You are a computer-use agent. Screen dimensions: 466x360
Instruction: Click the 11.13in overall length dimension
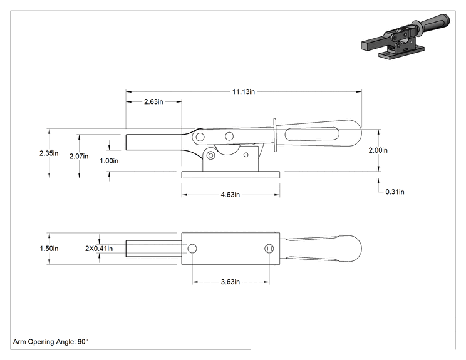[x=244, y=91]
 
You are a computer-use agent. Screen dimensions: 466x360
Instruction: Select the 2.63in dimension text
[x=153, y=101]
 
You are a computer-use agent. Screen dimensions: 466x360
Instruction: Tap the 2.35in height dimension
[x=49, y=153]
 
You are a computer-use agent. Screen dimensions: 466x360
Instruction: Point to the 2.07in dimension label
[x=79, y=157]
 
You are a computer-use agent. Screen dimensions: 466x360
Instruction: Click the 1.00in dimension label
[x=109, y=161]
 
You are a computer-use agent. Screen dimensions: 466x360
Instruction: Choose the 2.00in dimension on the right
[x=378, y=150]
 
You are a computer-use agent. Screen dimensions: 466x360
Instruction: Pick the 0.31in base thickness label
[x=395, y=192]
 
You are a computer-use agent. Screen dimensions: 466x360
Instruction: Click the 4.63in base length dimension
[x=230, y=195]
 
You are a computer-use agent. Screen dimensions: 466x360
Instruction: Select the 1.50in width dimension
[x=49, y=249]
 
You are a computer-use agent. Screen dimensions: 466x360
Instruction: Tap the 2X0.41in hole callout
[x=99, y=249]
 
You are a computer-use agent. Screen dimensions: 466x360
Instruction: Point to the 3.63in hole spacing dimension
[x=230, y=282]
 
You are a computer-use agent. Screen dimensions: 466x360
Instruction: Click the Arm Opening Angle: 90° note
[x=51, y=342]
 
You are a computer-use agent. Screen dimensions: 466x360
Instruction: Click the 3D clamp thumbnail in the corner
[x=405, y=36]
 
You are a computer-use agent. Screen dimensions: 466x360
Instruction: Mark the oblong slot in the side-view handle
[x=312, y=134]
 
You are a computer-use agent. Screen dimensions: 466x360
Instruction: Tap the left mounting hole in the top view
[x=192, y=249]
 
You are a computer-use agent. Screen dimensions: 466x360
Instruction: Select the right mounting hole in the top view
[x=269, y=249]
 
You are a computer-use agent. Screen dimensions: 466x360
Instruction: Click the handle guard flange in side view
[x=275, y=135]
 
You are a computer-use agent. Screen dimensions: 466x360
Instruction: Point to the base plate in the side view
[x=230, y=175]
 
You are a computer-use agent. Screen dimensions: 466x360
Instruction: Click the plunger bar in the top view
[x=153, y=249]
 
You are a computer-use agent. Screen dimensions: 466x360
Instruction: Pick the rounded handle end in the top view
[x=351, y=249]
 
